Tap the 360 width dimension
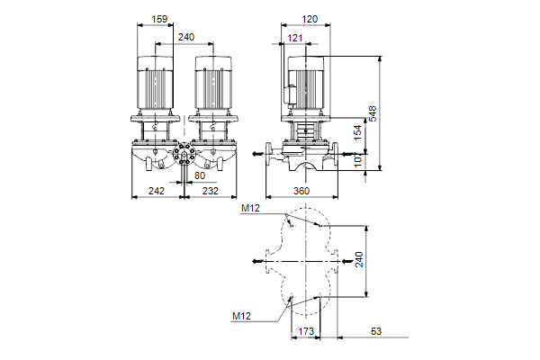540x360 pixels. click(301, 191)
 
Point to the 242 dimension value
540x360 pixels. click(157, 191)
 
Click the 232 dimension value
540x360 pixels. click(209, 191)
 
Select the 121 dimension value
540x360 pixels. click(296, 38)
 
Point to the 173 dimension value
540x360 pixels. click(308, 333)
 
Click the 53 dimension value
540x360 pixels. click(376, 333)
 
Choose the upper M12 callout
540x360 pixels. click(250, 209)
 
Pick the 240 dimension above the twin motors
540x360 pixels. click(186, 38)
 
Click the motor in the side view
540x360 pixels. click(307, 85)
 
